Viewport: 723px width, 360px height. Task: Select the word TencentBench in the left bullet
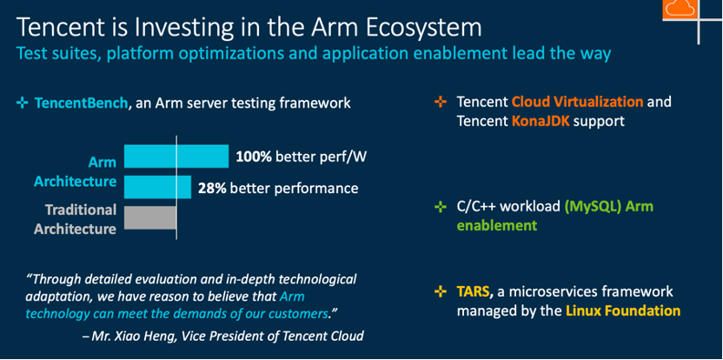[81, 103]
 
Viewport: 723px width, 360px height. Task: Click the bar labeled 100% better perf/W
[176, 156]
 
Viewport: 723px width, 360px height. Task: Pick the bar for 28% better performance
[157, 187]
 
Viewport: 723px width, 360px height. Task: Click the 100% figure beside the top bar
[254, 157]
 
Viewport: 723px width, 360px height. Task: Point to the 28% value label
[212, 189]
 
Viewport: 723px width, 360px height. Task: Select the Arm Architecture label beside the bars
[75, 171]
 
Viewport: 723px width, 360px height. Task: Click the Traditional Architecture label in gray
[75, 219]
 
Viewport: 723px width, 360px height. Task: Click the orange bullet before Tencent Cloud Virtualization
[441, 102]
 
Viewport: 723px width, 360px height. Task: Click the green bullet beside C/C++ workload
[441, 207]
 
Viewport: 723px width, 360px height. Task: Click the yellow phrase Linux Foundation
[623, 310]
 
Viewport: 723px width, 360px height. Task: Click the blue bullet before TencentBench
[22, 103]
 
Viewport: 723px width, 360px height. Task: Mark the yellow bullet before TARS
[441, 291]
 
